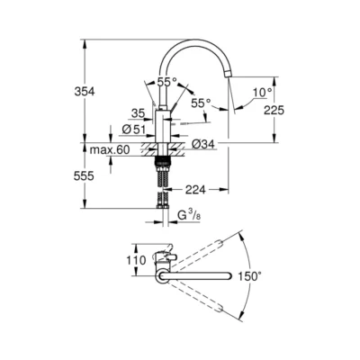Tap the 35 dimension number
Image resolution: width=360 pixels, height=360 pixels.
click(x=137, y=114)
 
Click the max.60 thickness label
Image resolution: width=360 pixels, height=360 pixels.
click(x=110, y=149)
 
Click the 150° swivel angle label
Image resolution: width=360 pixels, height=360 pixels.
click(x=274, y=276)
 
